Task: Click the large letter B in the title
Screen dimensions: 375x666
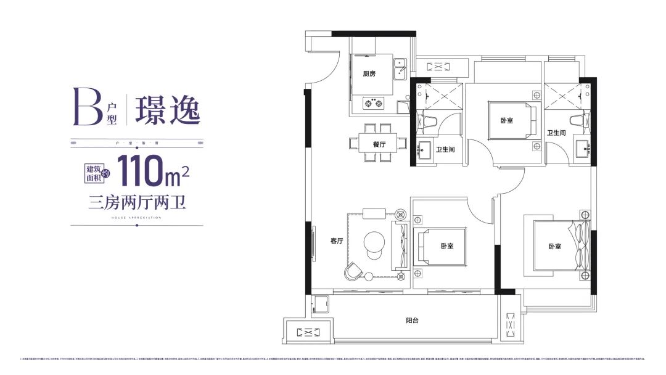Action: pyautogui.click(x=86, y=107)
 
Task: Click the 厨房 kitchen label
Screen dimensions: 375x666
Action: pyautogui.click(x=369, y=74)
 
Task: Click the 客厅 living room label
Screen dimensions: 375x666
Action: pyautogui.click(x=336, y=241)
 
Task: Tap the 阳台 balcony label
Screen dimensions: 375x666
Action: pyautogui.click(x=413, y=321)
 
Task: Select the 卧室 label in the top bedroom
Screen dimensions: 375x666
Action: pyautogui.click(x=507, y=120)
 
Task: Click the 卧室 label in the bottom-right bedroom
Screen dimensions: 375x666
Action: pyautogui.click(x=555, y=246)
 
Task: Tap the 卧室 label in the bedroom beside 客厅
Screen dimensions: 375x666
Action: pyautogui.click(x=447, y=246)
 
